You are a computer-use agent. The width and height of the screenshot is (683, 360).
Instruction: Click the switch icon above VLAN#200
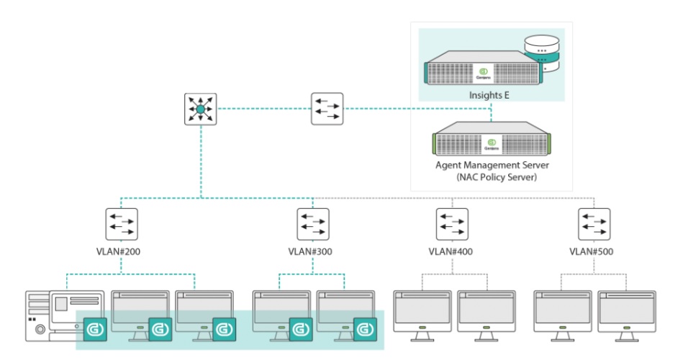point(121,225)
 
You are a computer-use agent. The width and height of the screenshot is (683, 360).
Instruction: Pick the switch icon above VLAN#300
point(313,225)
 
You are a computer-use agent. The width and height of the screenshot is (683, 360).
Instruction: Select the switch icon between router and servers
point(327,109)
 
